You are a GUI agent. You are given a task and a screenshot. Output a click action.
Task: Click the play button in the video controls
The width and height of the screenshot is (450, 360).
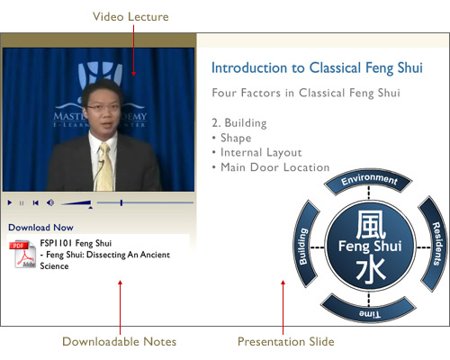click(10, 202)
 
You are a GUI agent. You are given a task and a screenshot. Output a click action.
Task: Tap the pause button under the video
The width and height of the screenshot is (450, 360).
click(22, 203)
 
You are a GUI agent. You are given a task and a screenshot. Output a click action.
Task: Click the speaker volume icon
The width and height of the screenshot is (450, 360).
click(50, 202)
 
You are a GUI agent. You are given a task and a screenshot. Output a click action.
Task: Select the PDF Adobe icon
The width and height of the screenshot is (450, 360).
click(22, 254)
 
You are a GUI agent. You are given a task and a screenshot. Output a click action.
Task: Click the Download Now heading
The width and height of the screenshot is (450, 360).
click(40, 228)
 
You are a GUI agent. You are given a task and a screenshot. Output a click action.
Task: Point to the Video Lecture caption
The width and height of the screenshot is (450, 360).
click(130, 17)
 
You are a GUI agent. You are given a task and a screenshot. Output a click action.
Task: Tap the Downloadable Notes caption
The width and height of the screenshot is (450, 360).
click(119, 341)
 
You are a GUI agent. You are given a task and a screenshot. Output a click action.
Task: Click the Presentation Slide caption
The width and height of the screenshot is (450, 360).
click(286, 341)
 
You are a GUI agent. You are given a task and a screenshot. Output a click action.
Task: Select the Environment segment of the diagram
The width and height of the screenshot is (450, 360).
click(369, 180)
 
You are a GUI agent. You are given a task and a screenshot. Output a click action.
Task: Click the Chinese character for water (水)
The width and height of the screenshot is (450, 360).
click(371, 272)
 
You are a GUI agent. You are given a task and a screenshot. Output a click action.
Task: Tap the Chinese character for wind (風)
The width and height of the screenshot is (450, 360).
click(371, 224)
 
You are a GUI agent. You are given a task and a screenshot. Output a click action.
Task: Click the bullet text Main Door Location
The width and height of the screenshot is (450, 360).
click(275, 167)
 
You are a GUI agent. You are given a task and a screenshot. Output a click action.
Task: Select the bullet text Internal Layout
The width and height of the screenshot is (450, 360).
click(261, 152)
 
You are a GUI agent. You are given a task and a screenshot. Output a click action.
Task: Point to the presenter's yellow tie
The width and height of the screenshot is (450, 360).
click(105, 167)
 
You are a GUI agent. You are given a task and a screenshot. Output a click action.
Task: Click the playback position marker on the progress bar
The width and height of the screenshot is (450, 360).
click(121, 202)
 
